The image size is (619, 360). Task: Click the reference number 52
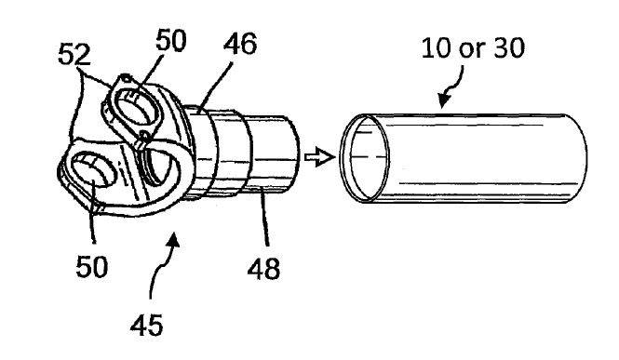coord(74,54)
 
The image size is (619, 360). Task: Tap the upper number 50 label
coord(170,40)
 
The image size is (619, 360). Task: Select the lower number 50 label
coord(91,267)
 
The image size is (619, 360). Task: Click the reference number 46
coord(240,43)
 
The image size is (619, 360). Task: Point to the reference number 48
coord(263,269)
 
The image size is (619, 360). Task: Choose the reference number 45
coord(146,325)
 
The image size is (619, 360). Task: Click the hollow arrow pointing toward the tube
coord(319,157)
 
